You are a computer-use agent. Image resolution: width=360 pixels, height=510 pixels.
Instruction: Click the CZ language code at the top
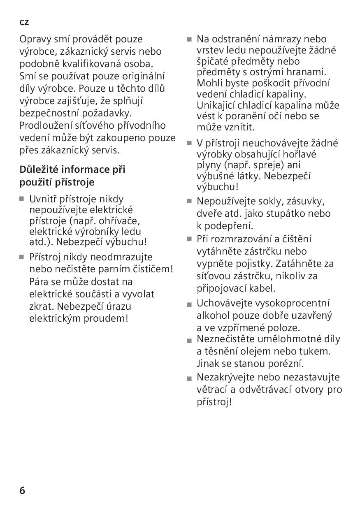click(x=24, y=23)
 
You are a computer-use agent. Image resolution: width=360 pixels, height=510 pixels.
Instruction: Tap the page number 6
click(x=22, y=490)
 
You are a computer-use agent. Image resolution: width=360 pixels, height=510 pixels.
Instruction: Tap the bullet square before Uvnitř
click(x=22, y=199)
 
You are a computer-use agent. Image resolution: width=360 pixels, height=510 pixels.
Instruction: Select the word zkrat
click(x=42, y=306)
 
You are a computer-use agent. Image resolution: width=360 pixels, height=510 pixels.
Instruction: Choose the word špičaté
click(x=214, y=61)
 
